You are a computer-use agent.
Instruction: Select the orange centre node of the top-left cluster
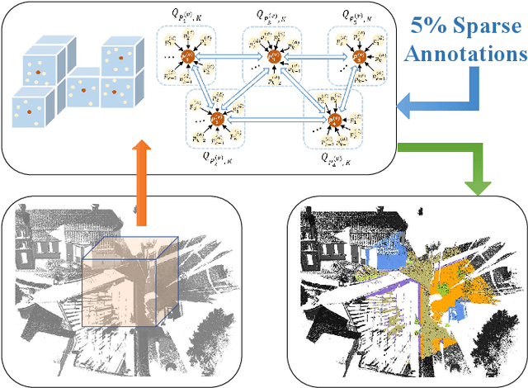188,59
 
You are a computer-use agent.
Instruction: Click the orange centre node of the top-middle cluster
273,59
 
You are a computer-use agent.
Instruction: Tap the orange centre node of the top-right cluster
358,58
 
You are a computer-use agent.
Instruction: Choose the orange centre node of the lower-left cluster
219,119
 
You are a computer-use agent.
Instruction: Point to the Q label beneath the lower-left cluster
218,158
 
